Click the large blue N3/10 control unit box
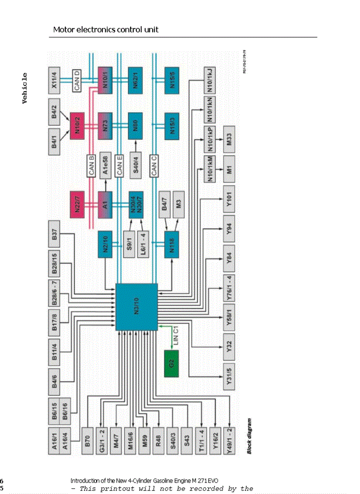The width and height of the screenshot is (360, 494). point(136,307)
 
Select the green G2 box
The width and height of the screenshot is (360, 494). point(172,363)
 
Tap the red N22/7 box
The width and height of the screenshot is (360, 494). point(77,204)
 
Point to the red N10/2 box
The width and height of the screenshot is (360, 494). point(77,125)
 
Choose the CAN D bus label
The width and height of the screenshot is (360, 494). point(77,81)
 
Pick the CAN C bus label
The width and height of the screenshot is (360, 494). point(153,166)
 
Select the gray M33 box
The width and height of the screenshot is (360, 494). point(229,139)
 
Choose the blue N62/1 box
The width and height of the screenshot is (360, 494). point(135,80)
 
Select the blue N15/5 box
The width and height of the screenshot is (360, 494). point(172,80)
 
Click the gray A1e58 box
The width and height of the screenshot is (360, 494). point(105,166)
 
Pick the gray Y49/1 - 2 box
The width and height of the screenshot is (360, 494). point(229,440)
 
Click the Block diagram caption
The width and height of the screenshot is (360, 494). point(249,436)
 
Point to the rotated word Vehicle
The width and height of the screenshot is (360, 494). point(24,88)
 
